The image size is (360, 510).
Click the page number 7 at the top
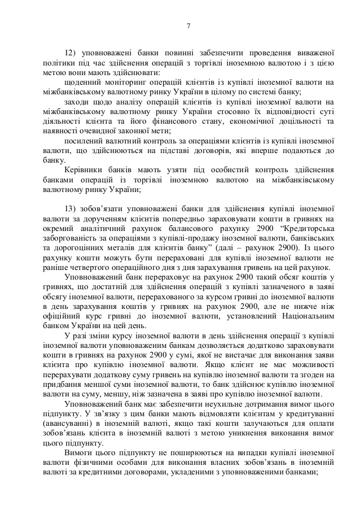click(188, 25)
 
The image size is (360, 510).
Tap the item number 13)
click(72, 207)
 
